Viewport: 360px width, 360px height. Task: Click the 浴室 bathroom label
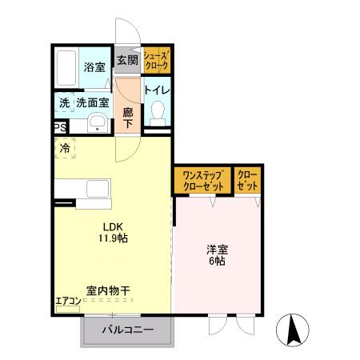[x=94, y=67]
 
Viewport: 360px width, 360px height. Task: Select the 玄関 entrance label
[x=126, y=59]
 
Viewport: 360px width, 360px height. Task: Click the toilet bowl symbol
[x=157, y=111]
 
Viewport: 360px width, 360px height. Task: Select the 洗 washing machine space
[x=63, y=103]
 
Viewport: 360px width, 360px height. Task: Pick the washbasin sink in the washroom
[x=98, y=123]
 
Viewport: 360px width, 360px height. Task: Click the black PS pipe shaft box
[x=60, y=126]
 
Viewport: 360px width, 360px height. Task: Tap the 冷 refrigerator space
[x=65, y=148]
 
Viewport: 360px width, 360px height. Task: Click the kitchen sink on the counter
[x=98, y=190]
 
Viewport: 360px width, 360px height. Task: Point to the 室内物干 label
[x=108, y=290]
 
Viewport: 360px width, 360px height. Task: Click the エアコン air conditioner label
[x=67, y=302]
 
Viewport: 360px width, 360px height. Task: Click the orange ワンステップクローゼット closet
[x=202, y=180]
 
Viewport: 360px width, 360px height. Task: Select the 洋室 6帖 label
[x=216, y=255]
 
